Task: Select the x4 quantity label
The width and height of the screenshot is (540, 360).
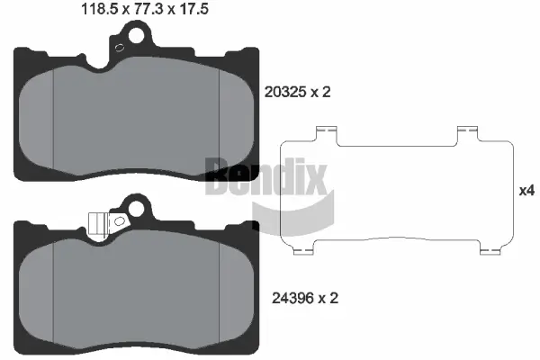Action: point(527,191)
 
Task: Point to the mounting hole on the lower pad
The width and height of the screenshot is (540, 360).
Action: point(137,209)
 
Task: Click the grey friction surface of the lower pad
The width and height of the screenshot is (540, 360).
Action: point(137,288)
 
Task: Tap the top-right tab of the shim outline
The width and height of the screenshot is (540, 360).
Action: point(466,133)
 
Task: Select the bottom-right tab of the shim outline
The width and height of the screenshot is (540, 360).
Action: point(490,249)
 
